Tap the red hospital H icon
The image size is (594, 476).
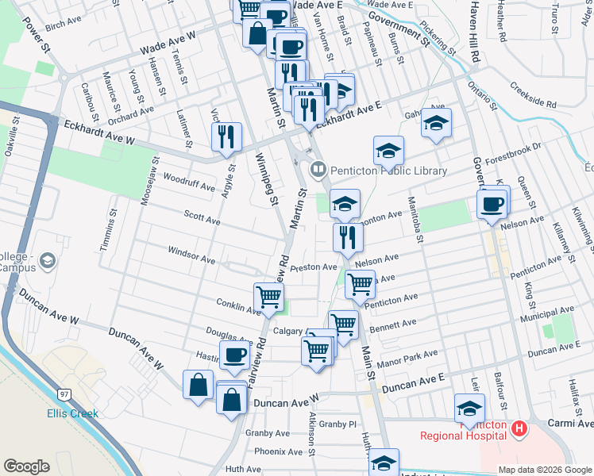tap(519, 428)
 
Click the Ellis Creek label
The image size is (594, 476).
tap(72, 413)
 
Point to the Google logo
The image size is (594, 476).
tap(26, 466)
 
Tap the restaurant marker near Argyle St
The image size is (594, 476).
tap(227, 137)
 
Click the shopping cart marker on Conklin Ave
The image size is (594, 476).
tap(269, 297)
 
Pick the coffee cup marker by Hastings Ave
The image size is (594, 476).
tap(235, 355)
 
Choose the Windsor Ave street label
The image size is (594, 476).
tap(191, 255)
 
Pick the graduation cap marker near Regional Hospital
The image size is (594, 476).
tap(469, 409)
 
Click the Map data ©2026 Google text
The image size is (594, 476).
tap(545, 469)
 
